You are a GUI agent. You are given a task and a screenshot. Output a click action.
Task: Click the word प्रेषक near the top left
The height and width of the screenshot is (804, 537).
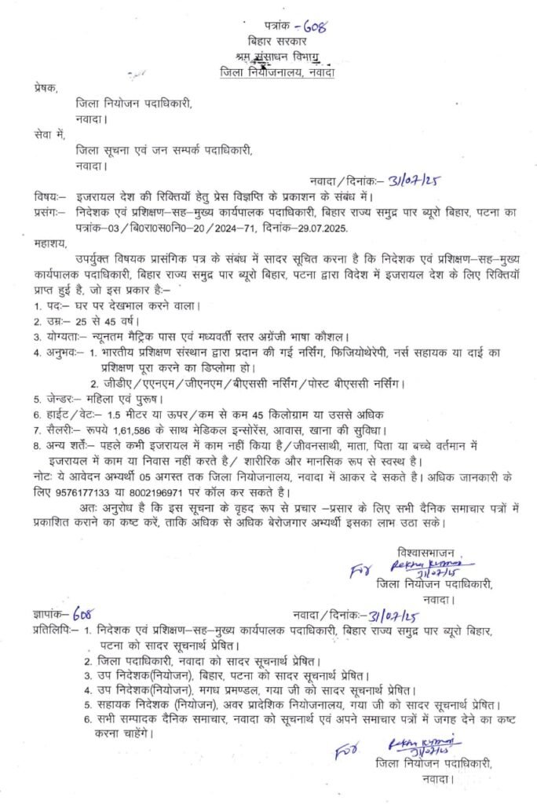[46, 90]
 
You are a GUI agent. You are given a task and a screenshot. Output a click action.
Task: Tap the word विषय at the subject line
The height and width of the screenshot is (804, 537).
[47, 196]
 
